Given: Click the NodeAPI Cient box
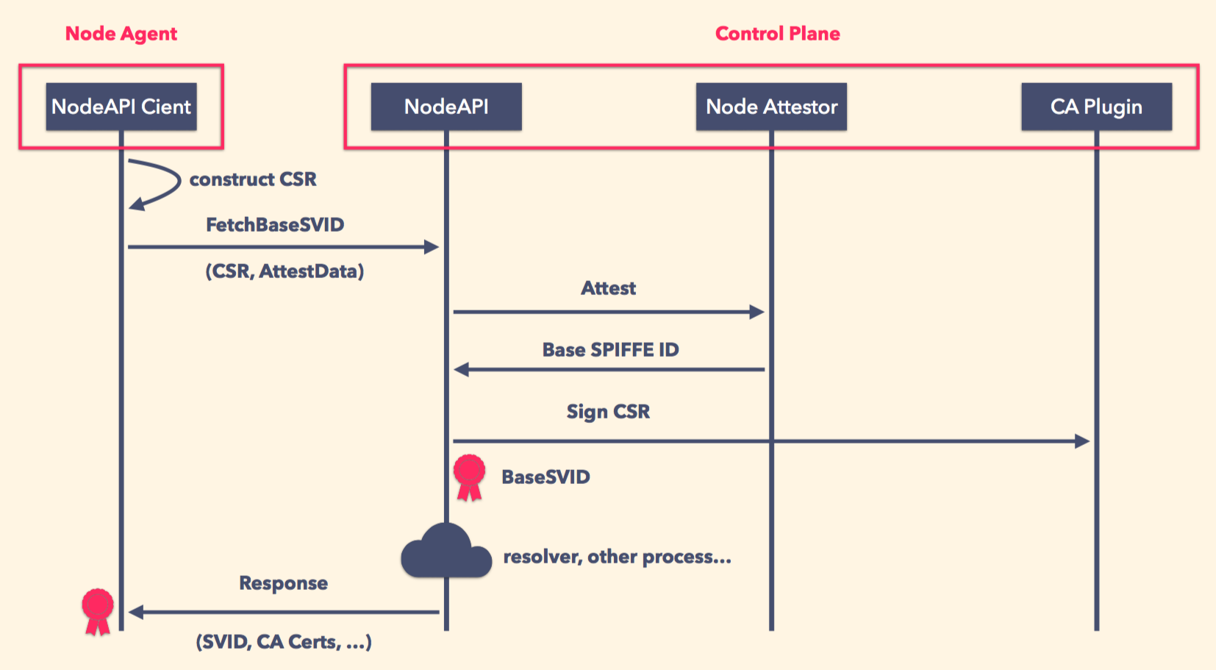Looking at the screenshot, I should click(121, 107).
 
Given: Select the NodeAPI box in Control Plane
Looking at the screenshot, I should click(446, 107).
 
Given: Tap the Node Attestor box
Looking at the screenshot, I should click(771, 107).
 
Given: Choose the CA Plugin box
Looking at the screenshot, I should click(1096, 107).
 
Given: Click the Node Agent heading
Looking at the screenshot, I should click(121, 34).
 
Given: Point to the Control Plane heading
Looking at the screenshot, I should click(777, 34).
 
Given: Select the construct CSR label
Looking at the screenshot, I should click(253, 179).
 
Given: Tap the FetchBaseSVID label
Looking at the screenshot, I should click(275, 225).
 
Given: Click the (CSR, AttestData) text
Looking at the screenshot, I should click(285, 271).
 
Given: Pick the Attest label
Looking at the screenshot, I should click(608, 288).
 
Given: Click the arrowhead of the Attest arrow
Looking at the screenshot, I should click(757, 312).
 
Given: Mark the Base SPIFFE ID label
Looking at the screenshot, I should click(610, 350).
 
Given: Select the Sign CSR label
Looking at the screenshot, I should click(608, 412).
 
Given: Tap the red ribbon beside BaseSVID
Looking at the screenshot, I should click(469, 477).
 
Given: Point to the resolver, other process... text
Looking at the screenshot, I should click(617, 557).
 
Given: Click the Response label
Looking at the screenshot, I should click(283, 583).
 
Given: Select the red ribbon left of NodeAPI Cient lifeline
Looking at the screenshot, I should click(98, 610).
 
